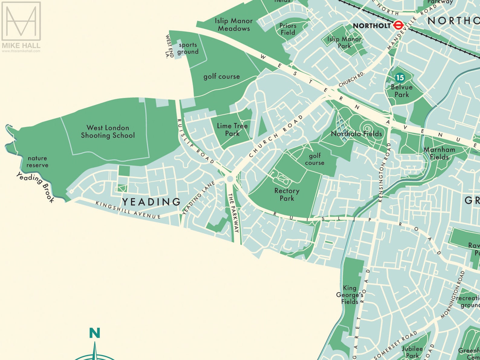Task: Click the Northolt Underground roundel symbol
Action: pyautogui.click(x=398, y=25)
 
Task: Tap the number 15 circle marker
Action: pyautogui.click(x=400, y=78)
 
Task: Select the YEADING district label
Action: pyautogui.click(x=151, y=202)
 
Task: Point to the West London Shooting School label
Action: pyautogui.click(x=108, y=131)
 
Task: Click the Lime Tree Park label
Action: pyautogui.click(x=232, y=129)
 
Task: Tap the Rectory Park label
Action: pyautogui.click(x=287, y=194)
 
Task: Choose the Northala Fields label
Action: pyautogui.click(x=356, y=134)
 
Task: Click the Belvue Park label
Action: pyautogui.click(x=401, y=91)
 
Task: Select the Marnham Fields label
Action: pyautogui.click(x=439, y=153)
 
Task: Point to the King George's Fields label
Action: pyautogui.click(x=350, y=295)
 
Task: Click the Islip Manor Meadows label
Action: pyautogui.click(x=234, y=24)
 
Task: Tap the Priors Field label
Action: pyautogui.click(x=288, y=29)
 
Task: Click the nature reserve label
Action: pyautogui.click(x=37, y=161)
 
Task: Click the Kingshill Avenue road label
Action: pyautogui.click(x=128, y=210)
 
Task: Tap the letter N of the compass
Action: pyautogui.click(x=95, y=333)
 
